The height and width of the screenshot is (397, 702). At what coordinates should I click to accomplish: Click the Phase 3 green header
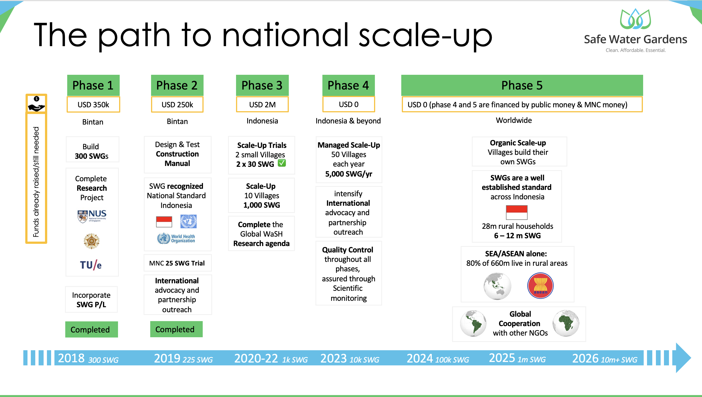coord(262,85)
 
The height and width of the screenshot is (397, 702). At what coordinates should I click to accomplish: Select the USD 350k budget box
coord(93,105)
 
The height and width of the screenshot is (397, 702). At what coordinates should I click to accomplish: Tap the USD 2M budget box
coord(262,105)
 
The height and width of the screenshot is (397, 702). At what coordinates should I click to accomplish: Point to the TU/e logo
coord(91,265)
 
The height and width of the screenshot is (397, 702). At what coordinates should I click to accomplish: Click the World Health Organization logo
coord(176,239)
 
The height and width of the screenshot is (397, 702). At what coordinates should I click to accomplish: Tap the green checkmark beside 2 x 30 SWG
coord(282,163)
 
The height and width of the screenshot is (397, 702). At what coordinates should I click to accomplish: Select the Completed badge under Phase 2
coord(176,329)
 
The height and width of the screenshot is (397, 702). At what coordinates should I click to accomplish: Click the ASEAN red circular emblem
coord(540,286)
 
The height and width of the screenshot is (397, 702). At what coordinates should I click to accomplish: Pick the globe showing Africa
coord(566,323)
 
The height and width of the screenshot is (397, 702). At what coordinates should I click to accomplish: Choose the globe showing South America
coord(473,323)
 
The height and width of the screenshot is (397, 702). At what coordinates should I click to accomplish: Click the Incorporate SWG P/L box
coord(91,300)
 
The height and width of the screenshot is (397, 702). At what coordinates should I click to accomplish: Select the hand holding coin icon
coord(36,104)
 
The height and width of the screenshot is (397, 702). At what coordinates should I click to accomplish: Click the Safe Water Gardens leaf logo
coord(635,19)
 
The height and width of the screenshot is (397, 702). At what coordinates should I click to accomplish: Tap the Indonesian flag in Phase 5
coord(517,212)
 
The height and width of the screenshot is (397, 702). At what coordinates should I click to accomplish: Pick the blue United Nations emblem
coord(188,221)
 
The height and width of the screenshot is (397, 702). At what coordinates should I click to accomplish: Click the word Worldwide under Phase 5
coord(514,120)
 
